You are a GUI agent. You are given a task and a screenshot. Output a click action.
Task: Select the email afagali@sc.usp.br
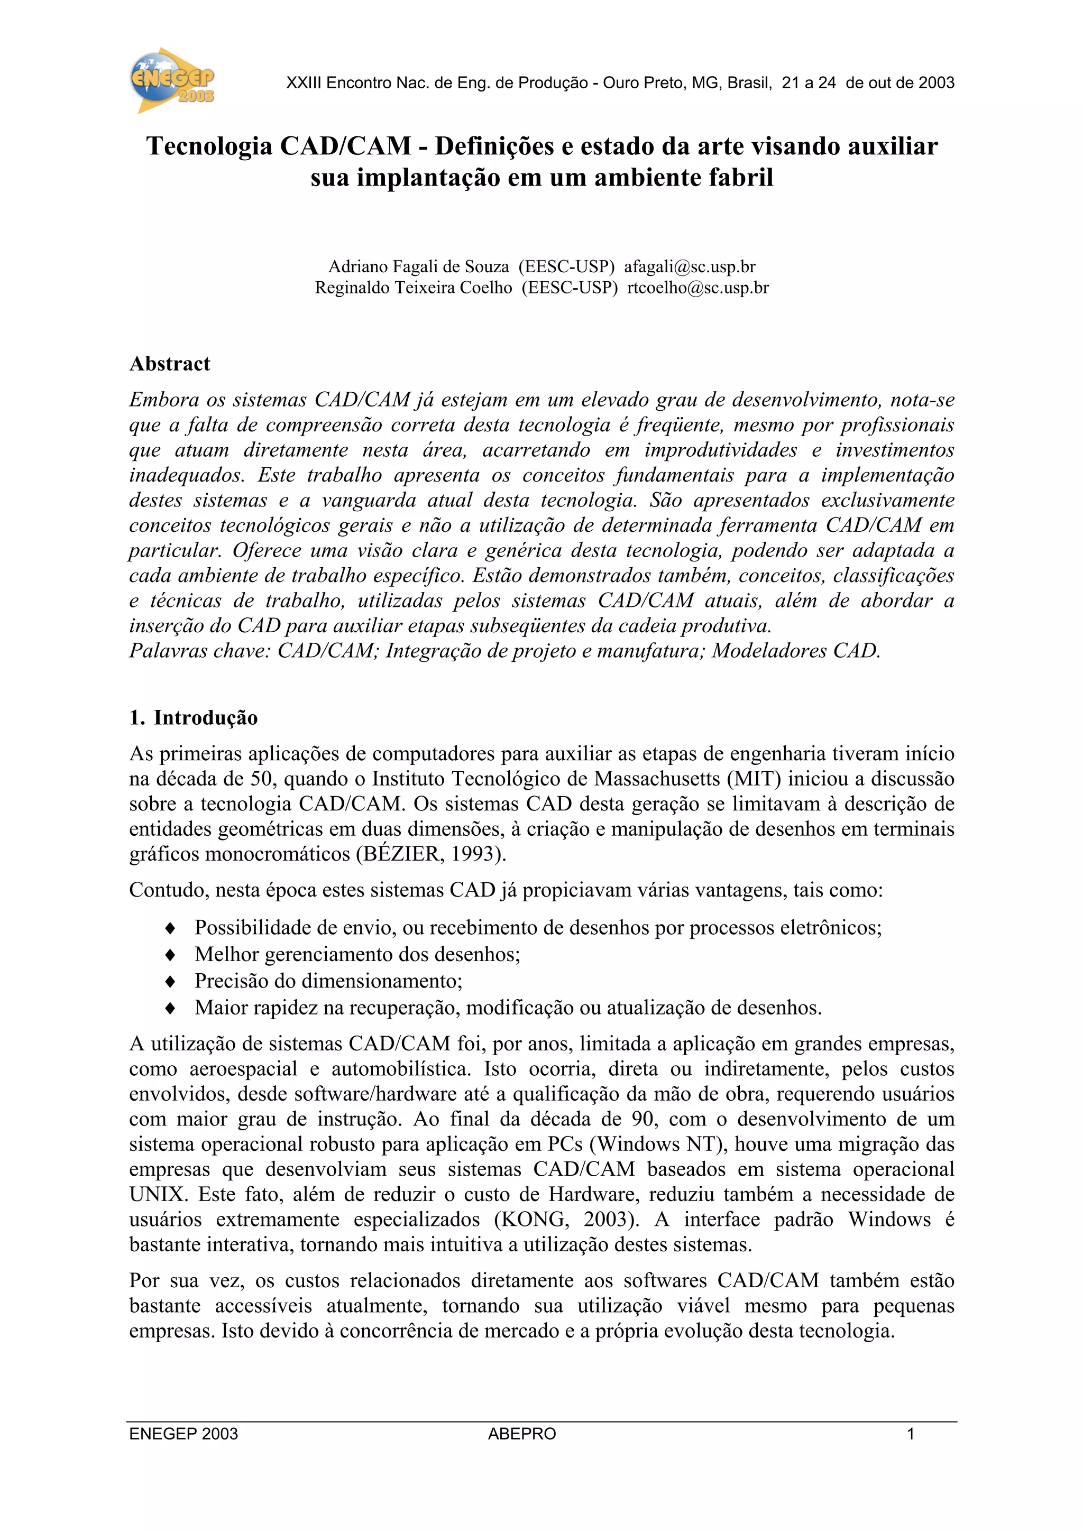(x=690, y=267)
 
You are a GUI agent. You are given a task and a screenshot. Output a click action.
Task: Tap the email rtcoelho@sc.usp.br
(x=697, y=288)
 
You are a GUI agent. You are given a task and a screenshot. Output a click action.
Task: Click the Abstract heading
(x=170, y=364)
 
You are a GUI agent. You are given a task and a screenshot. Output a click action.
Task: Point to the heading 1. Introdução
(x=194, y=718)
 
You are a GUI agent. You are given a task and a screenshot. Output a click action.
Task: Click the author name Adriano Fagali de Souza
(x=418, y=267)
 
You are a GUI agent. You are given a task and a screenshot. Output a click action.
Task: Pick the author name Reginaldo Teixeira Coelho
(x=413, y=288)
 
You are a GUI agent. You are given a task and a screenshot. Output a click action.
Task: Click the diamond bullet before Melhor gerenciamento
(x=170, y=955)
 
